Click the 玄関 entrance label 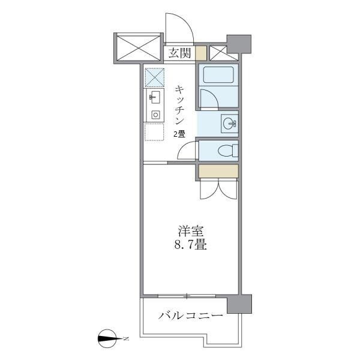pos(179,53)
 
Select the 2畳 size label pos(179,134)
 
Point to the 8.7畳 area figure pos(190,245)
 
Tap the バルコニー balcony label pos(191,316)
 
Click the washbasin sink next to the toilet pos(228,124)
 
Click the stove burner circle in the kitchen pos(155,114)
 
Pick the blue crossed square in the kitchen pos(154,77)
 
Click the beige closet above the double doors pos(218,170)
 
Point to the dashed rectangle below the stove pos(154,131)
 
